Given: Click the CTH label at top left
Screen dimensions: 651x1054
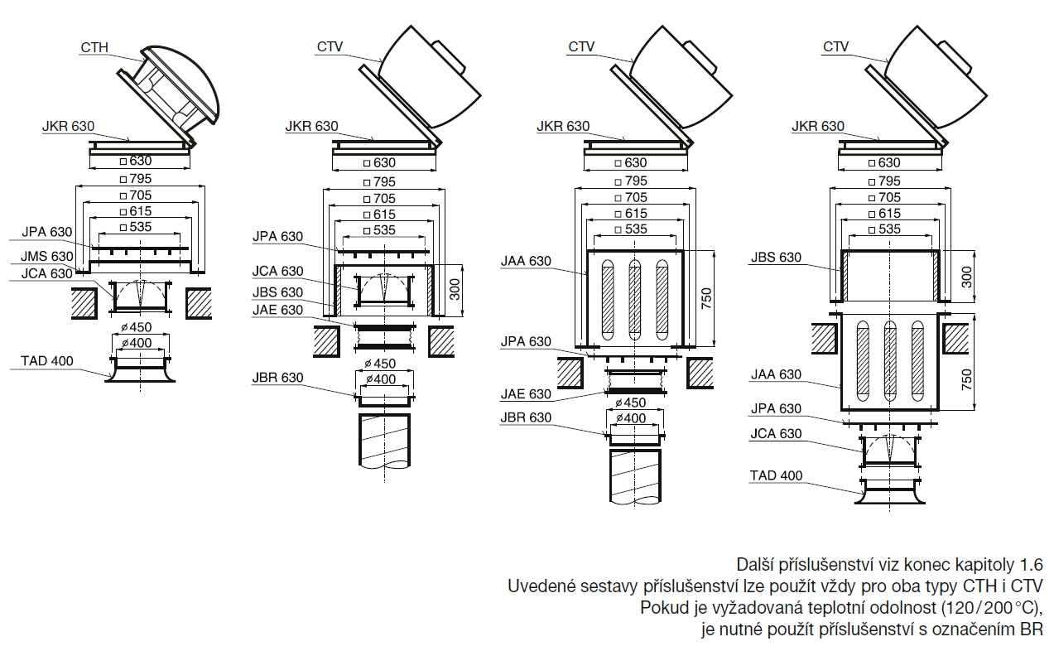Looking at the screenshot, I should point(95,47).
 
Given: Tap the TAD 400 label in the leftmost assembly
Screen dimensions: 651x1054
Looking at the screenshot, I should point(47,360).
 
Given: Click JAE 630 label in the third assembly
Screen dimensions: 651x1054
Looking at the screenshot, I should point(526,394).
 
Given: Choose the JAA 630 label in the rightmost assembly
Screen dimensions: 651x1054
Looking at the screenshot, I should point(776,374).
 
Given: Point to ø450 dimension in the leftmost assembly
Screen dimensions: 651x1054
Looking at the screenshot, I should point(141,327).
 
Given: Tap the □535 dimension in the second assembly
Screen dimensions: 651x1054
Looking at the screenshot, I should point(384,230).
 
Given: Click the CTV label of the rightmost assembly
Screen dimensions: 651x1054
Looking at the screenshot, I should point(835,47).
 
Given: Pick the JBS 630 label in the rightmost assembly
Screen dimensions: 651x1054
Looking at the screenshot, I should point(776,257).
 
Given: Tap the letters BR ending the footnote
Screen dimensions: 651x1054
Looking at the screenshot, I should point(1031,629).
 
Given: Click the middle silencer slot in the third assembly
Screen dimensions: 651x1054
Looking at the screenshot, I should point(635,301).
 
